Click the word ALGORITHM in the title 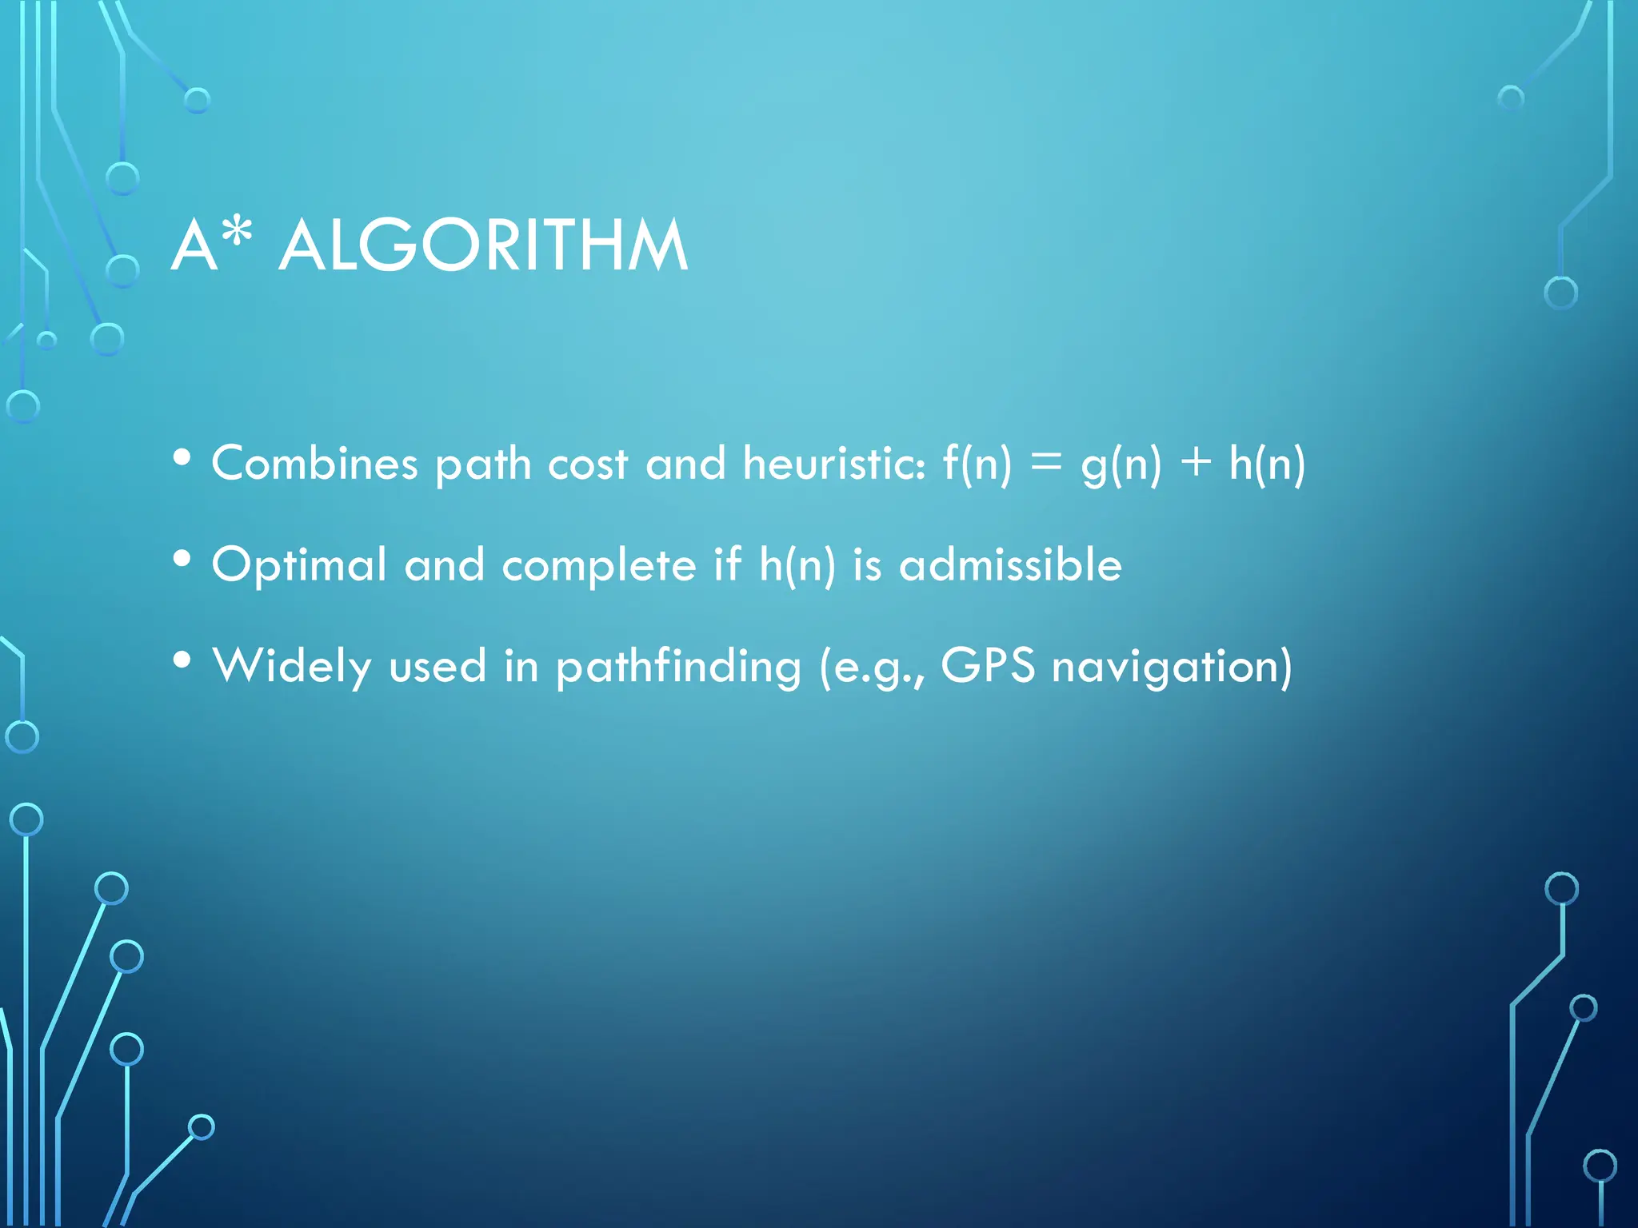(483, 245)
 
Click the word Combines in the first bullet (314, 463)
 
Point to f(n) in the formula (977, 463)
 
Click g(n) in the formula (1121, 464)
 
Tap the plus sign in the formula (1196, 463)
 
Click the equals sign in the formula (1046, 463)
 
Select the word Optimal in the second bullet (299, 565)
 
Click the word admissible (1010, 564)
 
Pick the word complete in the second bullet (599, 565)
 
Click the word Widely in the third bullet (292, 666)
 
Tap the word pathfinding (678, 666)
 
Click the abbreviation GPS (988, 664)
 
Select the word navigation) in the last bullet (1172, 666)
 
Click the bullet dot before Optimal (182, 559)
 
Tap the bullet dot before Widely (182, 660)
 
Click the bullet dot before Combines (182, 457)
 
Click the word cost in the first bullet (587, 464)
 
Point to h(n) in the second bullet (797, 564)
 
